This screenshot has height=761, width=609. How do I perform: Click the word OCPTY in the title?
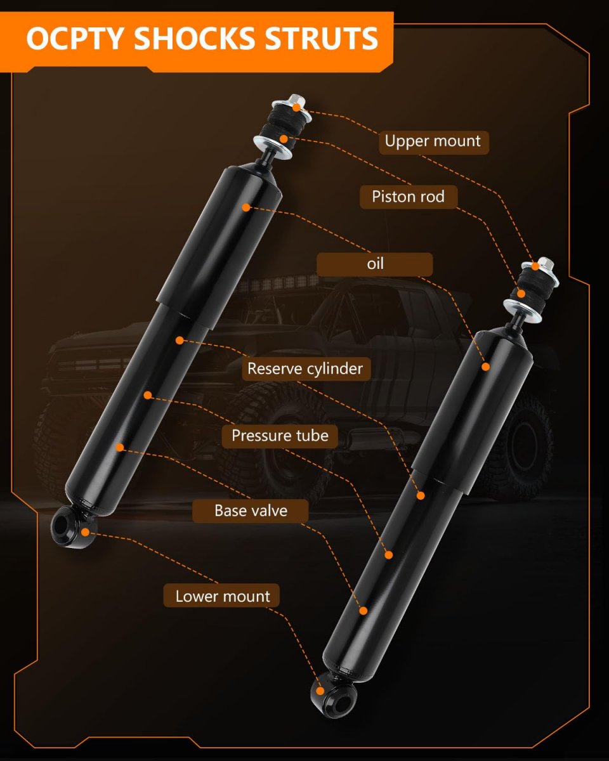tap(76, 38)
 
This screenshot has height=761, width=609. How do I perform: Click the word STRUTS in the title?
tap(322, 38)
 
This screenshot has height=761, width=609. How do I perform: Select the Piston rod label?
tap(409, 197)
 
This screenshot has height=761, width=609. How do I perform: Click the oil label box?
tap(374, 264)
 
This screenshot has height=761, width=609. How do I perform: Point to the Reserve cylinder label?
tap(306, 369)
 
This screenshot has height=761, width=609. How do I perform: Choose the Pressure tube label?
tap(280, 436)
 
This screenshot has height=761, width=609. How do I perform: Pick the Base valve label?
tap(250, 511)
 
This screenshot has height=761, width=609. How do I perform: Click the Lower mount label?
tap(221, 597)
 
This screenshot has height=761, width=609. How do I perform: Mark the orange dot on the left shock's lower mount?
tap(85, 531)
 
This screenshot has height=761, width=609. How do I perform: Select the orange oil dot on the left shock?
tap(246, 207)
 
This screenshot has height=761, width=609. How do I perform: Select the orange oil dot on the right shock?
tap(486, 367)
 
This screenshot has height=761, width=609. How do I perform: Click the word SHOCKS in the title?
tap(195, 38)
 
